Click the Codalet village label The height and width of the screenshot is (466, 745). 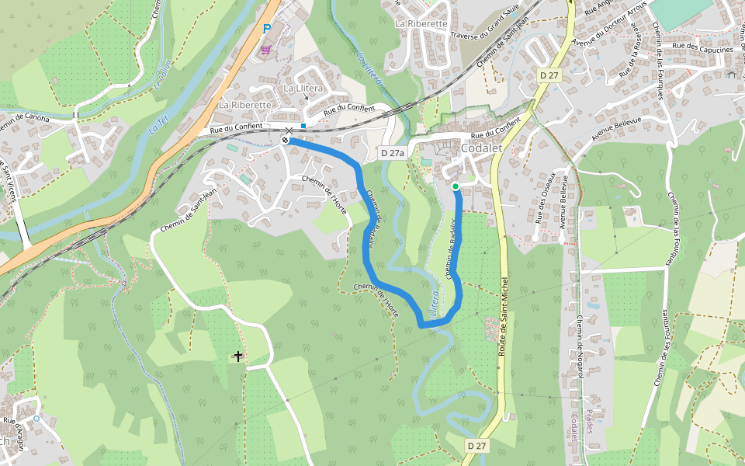pos(483,148)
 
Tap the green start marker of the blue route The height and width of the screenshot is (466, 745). pos(456,186)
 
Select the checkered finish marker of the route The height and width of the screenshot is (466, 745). pos(286,140)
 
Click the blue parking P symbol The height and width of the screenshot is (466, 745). pos(266,30)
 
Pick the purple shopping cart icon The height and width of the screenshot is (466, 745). pos(266,50)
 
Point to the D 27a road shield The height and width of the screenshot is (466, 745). pos(393,153)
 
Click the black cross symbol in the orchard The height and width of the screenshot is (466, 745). pos(237,356)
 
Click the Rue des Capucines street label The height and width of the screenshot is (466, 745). pos(702,50)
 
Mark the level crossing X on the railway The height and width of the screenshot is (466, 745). pos(289,130)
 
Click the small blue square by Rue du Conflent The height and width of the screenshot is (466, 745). pos(303,126)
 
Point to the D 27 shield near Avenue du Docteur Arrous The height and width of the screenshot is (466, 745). pos(549,75)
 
